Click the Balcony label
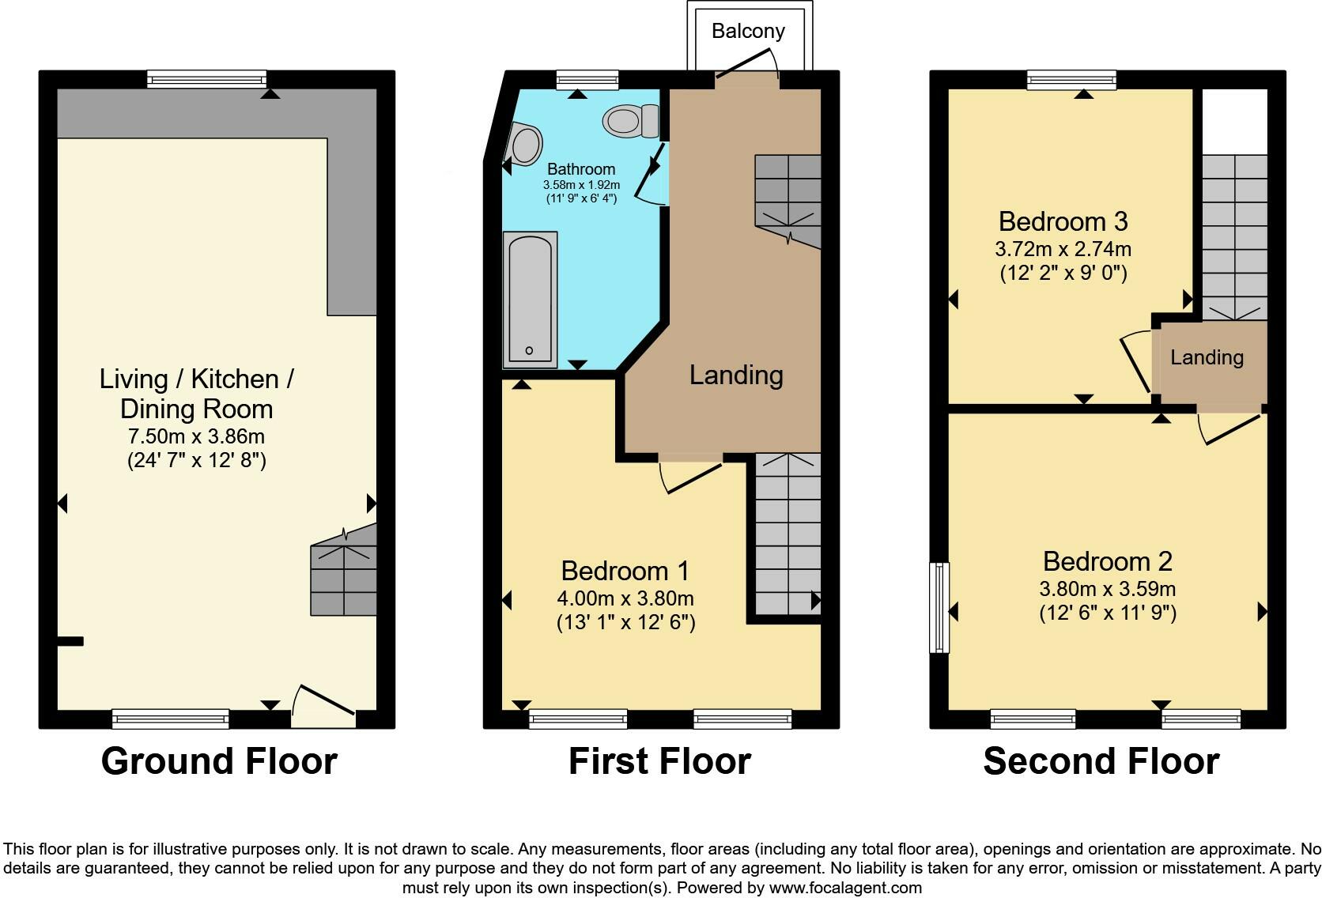point(748,32)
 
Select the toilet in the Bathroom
point(631,122)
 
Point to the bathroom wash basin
point(524,145)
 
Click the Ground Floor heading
point(219,761)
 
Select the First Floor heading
point(659,761)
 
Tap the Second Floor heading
point(1101,761)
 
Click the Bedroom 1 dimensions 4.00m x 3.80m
point(625,598)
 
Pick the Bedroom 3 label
point(1063,221)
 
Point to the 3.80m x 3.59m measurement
point(1107,589)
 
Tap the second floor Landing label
point(1207,357)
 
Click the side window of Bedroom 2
point(939,607)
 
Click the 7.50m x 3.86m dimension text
point(196,436)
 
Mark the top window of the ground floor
point(207,79)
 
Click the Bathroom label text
point(580,169)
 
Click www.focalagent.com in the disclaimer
point(845,888)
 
